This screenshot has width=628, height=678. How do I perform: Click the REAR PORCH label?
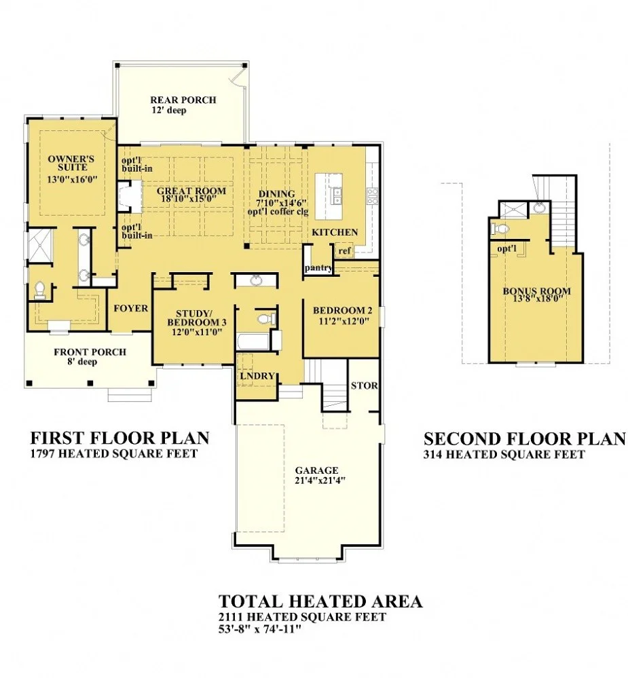tap(183, 100)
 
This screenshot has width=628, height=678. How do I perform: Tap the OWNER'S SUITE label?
tap(71, 163)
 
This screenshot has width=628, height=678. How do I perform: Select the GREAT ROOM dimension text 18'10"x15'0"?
tap(189, 199)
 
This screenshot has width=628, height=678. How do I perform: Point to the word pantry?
tap(318, 267)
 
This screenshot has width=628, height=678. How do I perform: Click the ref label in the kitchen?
tap(344, 251)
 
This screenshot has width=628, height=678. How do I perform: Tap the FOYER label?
tap(130, 308)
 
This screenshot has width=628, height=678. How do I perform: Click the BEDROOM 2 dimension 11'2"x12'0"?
tap(341, 321)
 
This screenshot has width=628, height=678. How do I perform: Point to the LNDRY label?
tap(257, 376)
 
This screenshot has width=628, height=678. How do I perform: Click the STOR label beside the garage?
tap(364, 385)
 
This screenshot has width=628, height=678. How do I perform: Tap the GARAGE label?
tap(316, 470)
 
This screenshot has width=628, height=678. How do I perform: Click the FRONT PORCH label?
tap(90, 352)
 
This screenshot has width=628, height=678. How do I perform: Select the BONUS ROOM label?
tap(536, 291)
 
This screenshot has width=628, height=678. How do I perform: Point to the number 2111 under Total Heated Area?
tap(232, 617)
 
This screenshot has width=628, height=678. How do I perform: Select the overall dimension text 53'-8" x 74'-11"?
tap(259, 628)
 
